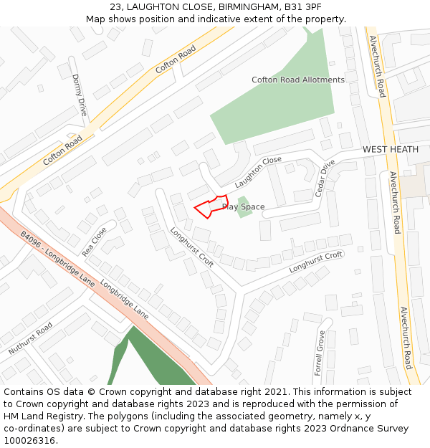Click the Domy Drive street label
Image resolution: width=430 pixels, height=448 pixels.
point(79,95)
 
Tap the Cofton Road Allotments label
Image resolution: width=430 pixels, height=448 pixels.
point(298,80)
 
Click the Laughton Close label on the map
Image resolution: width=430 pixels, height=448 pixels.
point(258,168)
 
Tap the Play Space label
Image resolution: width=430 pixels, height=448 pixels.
point(244,207)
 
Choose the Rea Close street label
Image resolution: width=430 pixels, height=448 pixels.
point(94,242)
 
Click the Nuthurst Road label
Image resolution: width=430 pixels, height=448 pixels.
point(31,339)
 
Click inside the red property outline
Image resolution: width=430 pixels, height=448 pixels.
point(212,206)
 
